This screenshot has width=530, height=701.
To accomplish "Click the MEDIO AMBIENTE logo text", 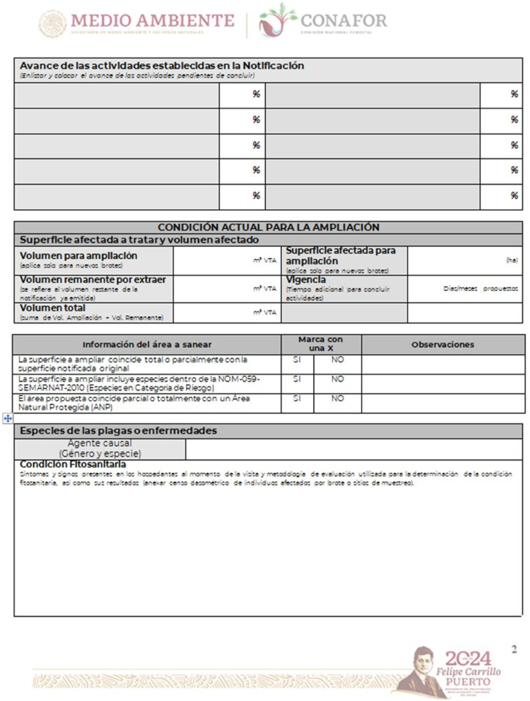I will (153, 20).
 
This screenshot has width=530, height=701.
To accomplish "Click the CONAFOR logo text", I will (343, 20).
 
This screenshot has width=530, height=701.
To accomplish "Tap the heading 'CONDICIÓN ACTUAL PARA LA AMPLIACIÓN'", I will (268, 227).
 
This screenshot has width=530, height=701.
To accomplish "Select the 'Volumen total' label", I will (53, 308).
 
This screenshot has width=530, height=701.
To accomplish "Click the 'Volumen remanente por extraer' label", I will (93, 280).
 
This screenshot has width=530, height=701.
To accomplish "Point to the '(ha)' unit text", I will (512, 260).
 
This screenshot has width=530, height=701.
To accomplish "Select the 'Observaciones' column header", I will (443, 345).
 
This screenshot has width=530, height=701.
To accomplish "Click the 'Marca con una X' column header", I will (321, 344).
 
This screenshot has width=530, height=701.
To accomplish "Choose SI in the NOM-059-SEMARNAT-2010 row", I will (297, 379).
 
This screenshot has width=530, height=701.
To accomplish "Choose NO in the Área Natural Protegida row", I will (337, 398).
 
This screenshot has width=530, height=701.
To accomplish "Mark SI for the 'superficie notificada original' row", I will (297, 360).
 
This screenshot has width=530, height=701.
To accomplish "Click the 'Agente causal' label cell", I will (100, 449).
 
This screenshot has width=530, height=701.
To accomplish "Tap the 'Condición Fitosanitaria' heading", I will (73, 464).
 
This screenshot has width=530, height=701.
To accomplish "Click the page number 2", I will (514, 649).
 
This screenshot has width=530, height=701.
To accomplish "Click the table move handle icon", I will (8, 418).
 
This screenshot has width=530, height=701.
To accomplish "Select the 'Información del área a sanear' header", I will (147, 345).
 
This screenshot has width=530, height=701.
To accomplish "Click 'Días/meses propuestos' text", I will (480, 289).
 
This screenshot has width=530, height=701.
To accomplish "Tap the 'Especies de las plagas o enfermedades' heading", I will (118, 430).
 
